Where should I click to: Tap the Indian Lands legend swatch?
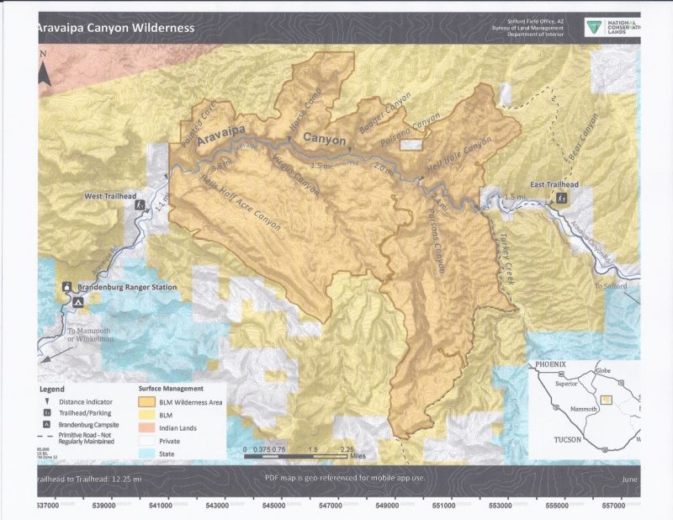(x=150, y=428)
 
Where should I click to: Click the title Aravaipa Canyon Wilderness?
(x=115, y=28)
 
